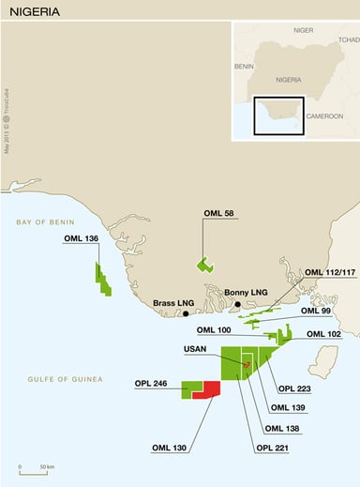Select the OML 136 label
click(x=81, y=238)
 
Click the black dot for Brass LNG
click(x=187, y=312)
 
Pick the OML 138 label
click(x=282, y=428)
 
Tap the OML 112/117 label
click(x=325, y=273)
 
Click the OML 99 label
click(x=316, y=311)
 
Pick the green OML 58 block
click(x=203, y=264)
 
